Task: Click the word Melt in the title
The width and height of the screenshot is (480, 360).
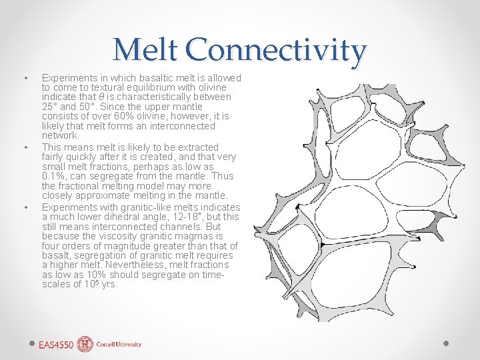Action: (x=146, y=51)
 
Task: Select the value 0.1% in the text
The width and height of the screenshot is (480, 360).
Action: (x=53, y=176)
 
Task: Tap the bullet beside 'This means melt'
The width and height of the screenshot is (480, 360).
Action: (x=25, y=147)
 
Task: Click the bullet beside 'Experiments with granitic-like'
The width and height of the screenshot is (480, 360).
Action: (x=25, y=207)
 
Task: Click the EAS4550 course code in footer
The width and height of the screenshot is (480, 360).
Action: (x=56, y=345)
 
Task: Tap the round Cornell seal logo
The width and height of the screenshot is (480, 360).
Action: (x=85, y=344)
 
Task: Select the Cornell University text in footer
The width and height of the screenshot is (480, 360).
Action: (x=119, y=345)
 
